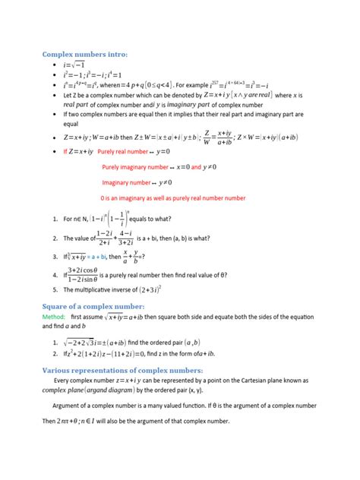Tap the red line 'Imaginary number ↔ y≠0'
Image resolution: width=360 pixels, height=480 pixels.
(137, 182)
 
